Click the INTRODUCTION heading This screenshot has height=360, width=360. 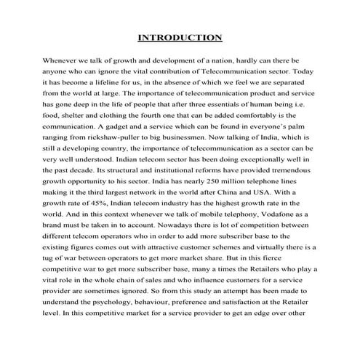pos(180,37)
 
